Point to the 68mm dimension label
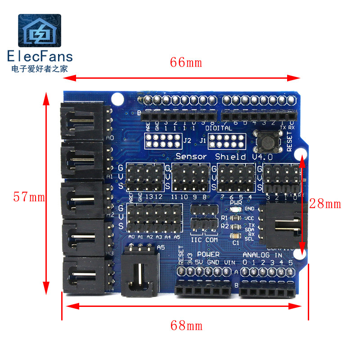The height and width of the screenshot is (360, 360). coord(186,324)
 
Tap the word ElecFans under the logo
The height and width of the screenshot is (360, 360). coord(40,56)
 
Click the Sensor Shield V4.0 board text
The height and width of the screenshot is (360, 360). coord(217,157)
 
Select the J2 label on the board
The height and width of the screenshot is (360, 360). coord(187,140)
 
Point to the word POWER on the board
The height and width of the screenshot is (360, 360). coord(208,255)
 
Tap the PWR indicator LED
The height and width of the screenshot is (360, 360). coord(237,209)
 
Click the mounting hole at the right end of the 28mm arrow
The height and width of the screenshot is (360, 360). coord(302,254)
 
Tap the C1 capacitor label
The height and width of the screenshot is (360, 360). coord(235,243)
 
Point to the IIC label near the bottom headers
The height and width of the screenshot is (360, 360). coord(197,240)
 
